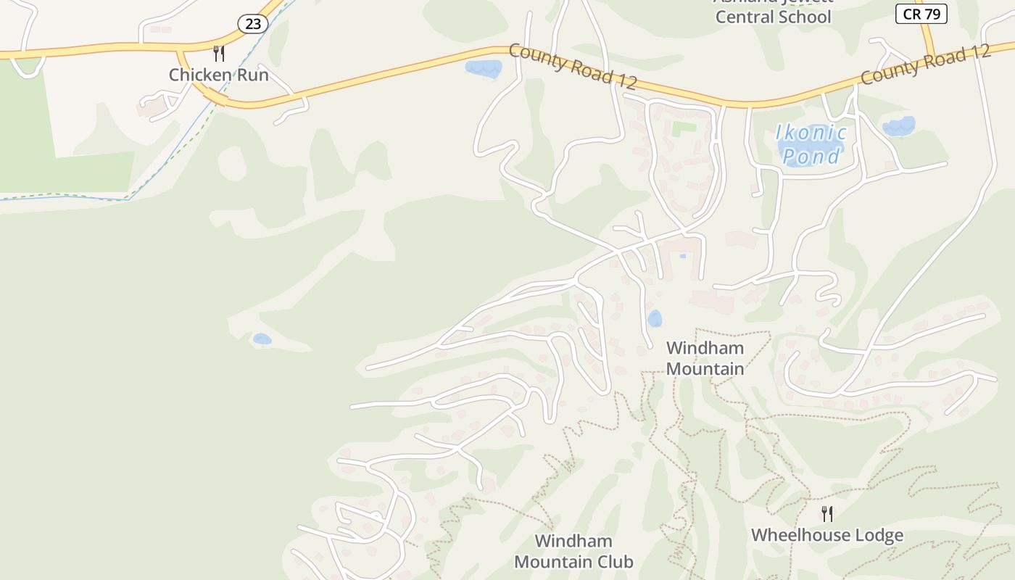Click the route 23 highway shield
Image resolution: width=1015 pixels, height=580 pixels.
pos(252,24)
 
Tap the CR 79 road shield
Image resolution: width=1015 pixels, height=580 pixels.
pos(921,14)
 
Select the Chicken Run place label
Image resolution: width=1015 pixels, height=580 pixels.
pos(218,75)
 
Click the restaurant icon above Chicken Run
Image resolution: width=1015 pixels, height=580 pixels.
pos(218,53)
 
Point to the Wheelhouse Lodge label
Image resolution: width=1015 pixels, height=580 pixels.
pos(826,536)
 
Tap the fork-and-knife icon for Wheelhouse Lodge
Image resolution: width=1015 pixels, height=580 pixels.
pos(826,514)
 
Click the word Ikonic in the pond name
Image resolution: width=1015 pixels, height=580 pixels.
pos(811,133)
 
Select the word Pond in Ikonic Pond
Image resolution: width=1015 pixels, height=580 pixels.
pos(811,156)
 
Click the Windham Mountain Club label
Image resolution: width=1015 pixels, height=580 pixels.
pos(573,552)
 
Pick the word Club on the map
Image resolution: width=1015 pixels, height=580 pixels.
pos(613,562)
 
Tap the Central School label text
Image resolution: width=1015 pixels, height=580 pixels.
pos(773,17)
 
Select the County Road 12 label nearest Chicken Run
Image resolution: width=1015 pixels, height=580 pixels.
pos(573,66)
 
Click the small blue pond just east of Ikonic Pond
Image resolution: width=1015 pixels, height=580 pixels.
pos(898,127)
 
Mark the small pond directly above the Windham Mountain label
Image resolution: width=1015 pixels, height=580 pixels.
pos(654,318)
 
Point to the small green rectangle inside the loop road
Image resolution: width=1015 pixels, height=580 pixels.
pos(684,129)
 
